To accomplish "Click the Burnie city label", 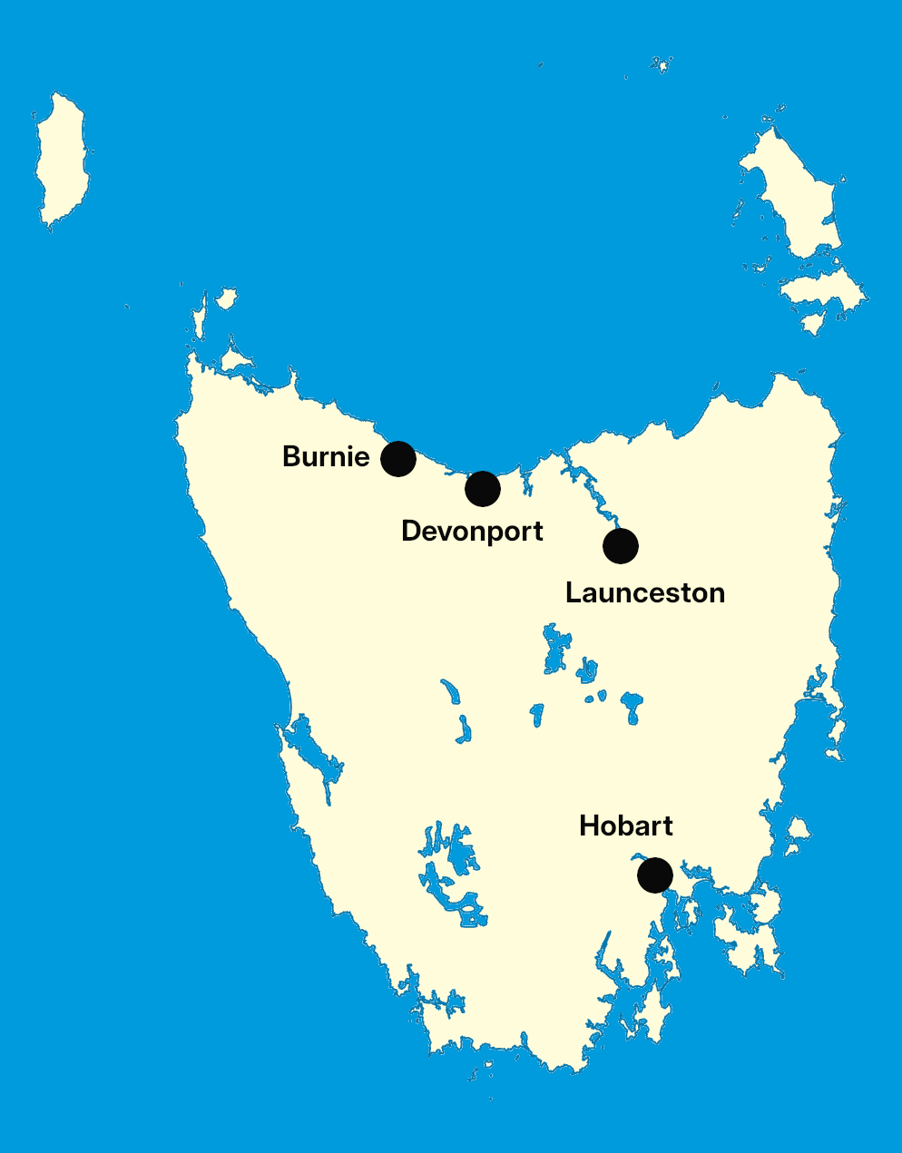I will click(326, 456).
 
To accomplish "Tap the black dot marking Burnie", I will click(398, 459).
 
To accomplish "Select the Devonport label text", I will click(472, 531).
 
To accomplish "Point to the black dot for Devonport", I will click(483, 489).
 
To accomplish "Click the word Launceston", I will click(644, 592).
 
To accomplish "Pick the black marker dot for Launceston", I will click(621, 546).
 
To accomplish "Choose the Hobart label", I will click(625, 826).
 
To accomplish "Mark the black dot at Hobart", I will click(655, 875).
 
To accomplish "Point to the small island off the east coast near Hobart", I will click(798, 830).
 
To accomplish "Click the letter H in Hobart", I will click(589, 826).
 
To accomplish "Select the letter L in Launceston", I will click(574, 592).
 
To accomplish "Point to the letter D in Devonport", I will click(412, 531).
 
